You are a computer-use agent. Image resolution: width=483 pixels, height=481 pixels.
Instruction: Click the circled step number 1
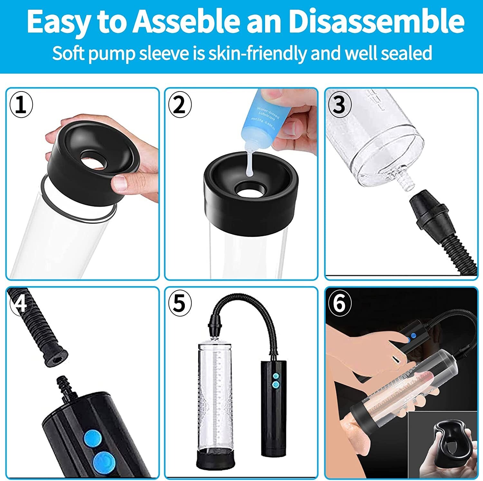21,105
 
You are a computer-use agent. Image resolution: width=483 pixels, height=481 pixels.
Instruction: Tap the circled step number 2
180,105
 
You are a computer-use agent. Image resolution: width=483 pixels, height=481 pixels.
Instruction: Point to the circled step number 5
180,303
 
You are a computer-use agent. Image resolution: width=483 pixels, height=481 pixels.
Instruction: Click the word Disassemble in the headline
376,21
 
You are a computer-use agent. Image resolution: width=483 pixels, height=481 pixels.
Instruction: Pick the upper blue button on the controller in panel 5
275,376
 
